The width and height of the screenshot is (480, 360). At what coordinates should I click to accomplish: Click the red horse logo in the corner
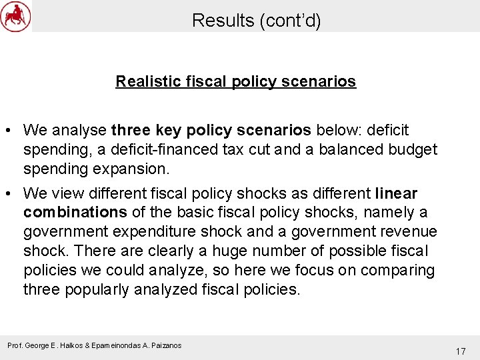(x=15, y=16)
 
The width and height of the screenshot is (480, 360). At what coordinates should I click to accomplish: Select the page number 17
(x=460, y=351)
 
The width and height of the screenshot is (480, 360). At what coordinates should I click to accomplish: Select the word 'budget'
(x=413, y=149)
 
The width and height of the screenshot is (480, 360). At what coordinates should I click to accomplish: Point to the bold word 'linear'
(x=396, y=193)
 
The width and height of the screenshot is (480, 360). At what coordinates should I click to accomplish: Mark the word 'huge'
(x=219, y=251)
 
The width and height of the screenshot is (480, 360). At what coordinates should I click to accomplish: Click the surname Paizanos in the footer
(x=163, y=345)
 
